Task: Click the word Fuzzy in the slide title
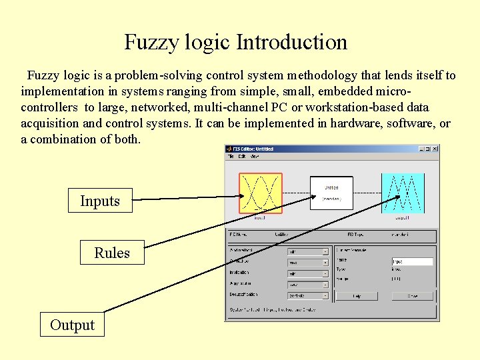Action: (x=151, y=43)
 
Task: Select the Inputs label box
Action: (x=100, y=201)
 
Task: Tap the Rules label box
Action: (x=112, y=253)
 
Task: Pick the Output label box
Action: (x=72, y=325)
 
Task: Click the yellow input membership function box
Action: (x=261, y=193)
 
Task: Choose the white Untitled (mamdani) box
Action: (x=331, y=193)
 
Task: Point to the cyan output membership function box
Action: (x=402, y=193)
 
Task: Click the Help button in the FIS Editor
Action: (x=356, y=295)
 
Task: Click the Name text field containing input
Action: (x=412, y=262)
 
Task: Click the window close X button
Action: (x=434, y=149)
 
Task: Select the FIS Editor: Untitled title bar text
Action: (x=253, y=149)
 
